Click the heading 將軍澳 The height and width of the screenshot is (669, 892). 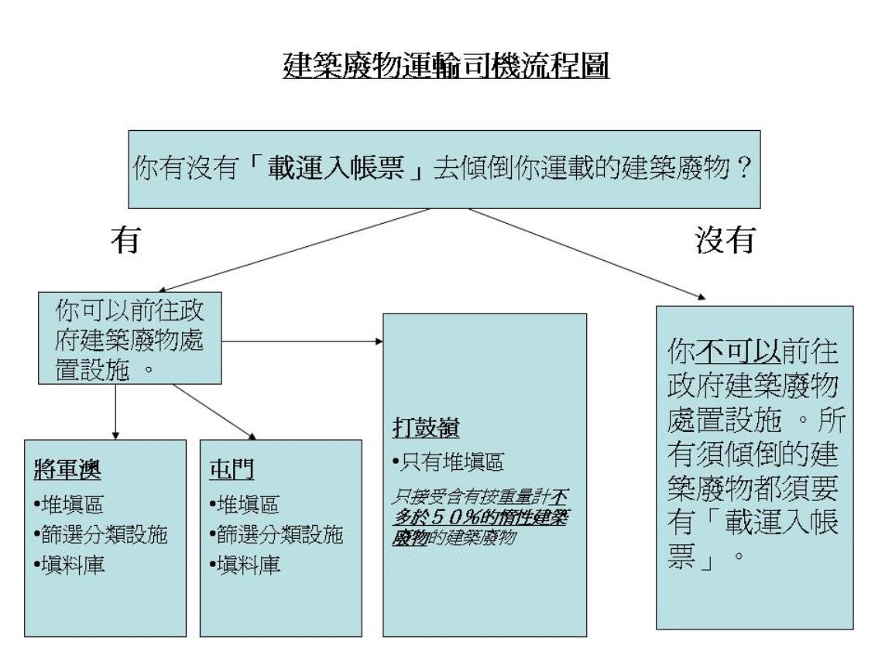pos(60,471)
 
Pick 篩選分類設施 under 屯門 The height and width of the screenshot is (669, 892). pos(274,533)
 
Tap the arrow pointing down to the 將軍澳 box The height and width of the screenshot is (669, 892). pos(115,410)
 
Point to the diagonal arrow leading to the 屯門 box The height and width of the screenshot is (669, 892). pos(213,410)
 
